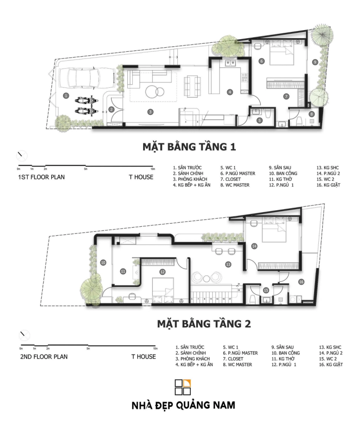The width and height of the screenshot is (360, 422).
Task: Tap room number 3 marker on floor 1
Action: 151,112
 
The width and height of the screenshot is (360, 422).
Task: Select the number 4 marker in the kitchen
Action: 229,92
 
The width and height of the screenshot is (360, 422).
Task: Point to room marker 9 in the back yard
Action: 315,62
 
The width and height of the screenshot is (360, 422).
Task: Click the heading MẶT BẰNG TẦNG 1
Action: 189,147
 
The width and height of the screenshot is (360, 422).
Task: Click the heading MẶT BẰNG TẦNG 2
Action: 200,323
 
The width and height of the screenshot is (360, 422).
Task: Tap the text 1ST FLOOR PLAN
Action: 41,177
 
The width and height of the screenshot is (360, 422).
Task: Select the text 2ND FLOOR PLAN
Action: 44,357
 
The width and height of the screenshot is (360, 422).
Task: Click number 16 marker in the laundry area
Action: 301,282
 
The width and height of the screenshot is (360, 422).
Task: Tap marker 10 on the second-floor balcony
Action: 103,262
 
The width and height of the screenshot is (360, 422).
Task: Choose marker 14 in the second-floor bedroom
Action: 254,246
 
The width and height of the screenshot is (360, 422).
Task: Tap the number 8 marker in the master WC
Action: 311,115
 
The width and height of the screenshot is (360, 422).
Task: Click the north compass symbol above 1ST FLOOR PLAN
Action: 22,156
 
